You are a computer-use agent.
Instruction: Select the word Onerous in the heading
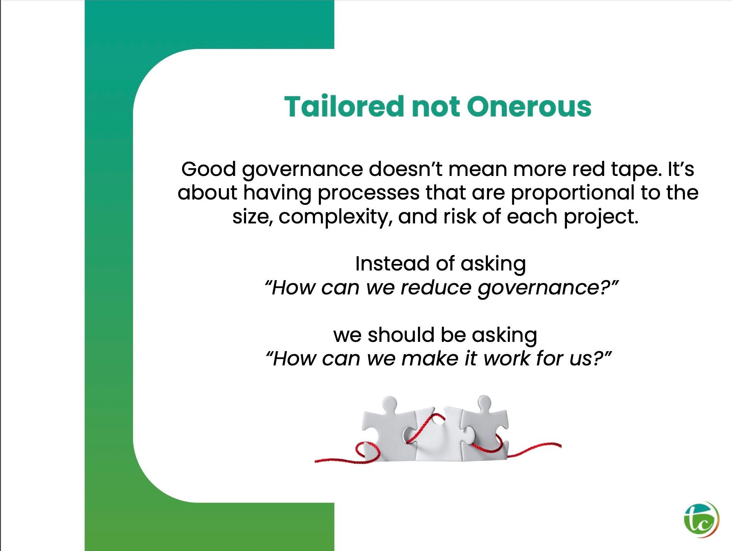point(529,106)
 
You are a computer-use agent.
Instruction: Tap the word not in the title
point(436,107)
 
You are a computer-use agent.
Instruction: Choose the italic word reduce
point(436,287)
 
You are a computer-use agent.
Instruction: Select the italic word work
point(507,358)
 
